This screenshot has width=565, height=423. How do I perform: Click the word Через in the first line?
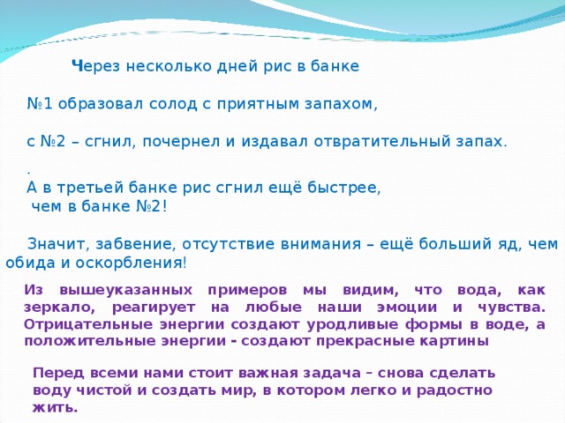pos(94,66)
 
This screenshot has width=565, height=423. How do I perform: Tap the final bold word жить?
pos(55,407)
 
